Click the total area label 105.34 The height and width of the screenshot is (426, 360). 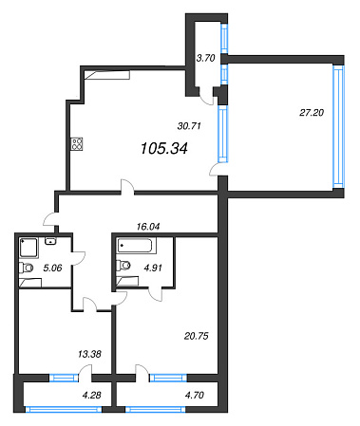click(x=164, y=148)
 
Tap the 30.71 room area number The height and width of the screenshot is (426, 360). click(x=189, y=126)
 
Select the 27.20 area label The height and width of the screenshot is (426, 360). click(x=312, y=113)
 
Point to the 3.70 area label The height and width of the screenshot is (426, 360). click(x=206, y=58)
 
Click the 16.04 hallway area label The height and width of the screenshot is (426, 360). click(x=148, y=227)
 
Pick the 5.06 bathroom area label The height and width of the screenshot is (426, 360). click(x=52, y=269)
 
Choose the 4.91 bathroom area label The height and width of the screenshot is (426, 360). click(x=153, y=268)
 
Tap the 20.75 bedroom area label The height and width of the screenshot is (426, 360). click(x=197, y=336)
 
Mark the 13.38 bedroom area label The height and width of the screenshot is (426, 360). click(x=89, y=354)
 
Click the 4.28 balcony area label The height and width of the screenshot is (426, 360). click(x=92, y=395)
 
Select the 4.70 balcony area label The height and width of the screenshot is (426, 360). click(x=195, y=395)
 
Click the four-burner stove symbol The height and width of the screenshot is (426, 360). click(x=77, y=144)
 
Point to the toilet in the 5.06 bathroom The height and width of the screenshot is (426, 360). click(x=26, y=268)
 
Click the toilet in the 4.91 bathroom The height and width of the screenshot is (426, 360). click(x=123, y=266)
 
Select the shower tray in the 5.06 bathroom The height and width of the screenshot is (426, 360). click(x=28, y=248)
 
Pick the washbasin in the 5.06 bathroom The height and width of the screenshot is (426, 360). click(x=50, y=241)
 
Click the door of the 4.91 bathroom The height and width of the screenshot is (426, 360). click(x=156, y=294)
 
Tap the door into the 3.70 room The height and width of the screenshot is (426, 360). click(x=206, y=96)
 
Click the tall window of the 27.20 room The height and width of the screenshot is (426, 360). click(x=338, y=127)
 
